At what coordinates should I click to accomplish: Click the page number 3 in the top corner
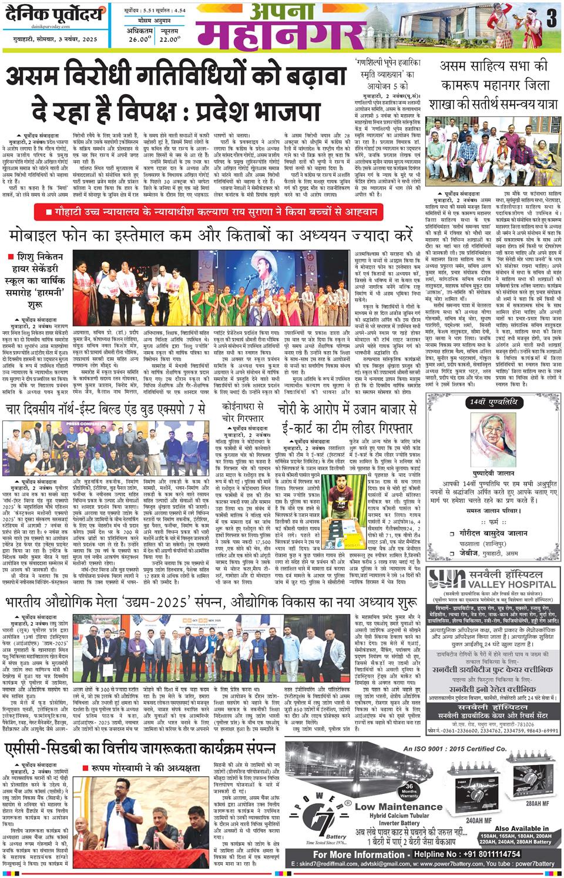tap(550, 20)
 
